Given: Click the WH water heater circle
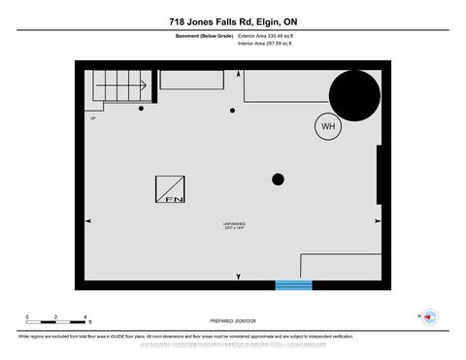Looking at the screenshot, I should (325, 126).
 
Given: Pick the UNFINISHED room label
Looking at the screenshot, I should (234, 224).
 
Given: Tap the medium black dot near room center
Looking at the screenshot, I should (278, 179).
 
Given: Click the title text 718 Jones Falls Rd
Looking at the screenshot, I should (232, 22).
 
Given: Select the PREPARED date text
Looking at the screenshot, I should (233, 320).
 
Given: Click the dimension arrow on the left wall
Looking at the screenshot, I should (89, 221).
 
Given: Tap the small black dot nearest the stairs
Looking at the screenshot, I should (142, 109).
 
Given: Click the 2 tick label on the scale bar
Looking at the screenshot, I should (56, 317).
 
